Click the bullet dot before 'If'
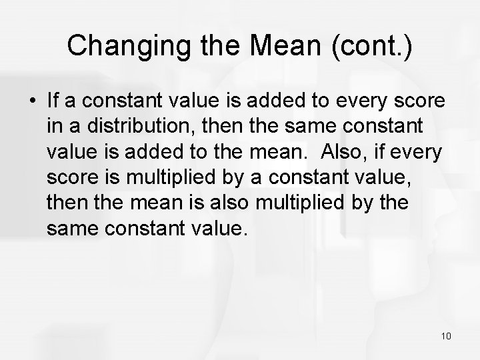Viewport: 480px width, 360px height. (32, 103)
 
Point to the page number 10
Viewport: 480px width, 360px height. (447, 335)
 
